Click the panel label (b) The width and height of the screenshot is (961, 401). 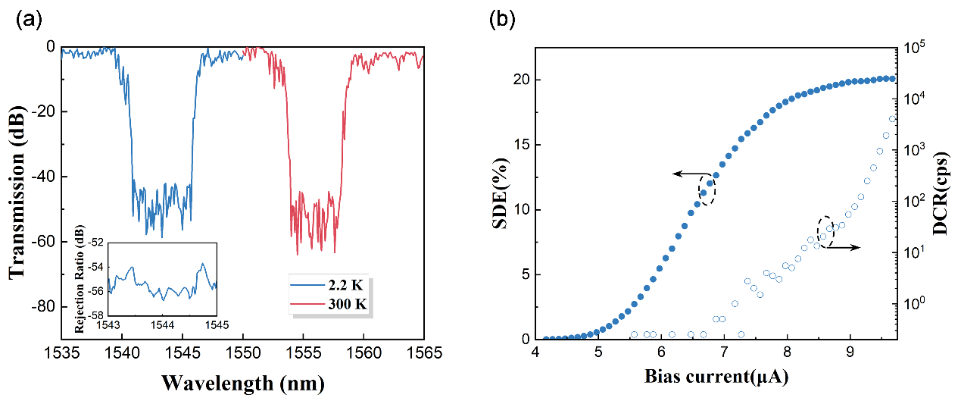[507, 20]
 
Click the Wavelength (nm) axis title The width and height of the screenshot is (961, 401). [243, 384]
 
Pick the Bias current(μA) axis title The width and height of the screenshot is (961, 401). [715, 375]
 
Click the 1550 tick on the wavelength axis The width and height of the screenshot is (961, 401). [243, 353]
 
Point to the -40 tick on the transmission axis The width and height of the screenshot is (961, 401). [42, 177]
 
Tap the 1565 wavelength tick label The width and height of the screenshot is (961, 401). [423, 353]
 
